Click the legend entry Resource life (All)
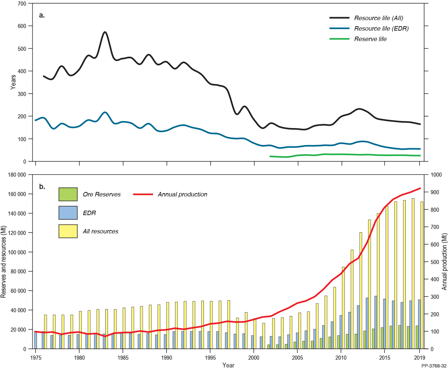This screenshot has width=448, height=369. pyautogui.click(x=379, y=18)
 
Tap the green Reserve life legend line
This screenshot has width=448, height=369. pyautogui.click(x=339, y=39)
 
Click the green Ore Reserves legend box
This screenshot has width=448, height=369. pyautogui.click(x=68, y=194)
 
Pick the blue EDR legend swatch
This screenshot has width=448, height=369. pyautogui.click(x=68, y=213)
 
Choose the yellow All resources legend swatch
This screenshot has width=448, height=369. pyautogui.click(x=68, y=231)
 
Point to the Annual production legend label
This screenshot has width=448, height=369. pyautogui.click(x=182, y=194)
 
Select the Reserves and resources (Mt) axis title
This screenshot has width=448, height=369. pyautogui.click(x=4, y=261)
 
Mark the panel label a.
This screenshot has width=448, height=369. pyautogui.click(x=42, y=15)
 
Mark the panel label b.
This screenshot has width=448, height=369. pyautogui.click(x=42, y=186)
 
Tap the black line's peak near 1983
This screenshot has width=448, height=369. pyautogui.click(x=105, y=32)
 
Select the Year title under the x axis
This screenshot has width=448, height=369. pyautogui.click(x=228, y=365)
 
